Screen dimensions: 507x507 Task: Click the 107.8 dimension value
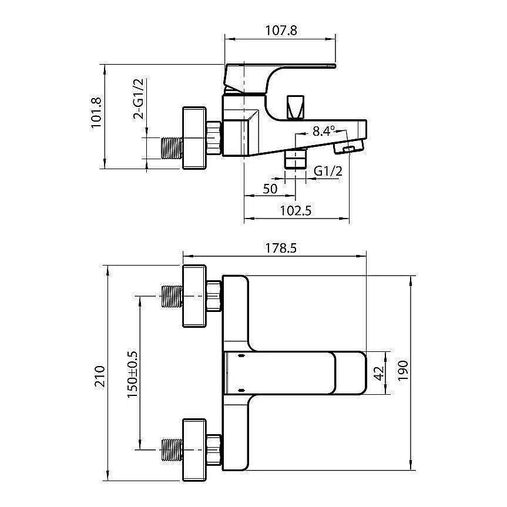click(x=281, y=31)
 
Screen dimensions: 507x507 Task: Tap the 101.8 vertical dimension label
click(x=96, y=113)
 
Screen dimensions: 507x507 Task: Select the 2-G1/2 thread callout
click(x=139, y=99)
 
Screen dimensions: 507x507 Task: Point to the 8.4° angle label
click(x=323, y=131)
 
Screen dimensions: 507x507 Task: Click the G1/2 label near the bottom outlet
click(x=328, y=171)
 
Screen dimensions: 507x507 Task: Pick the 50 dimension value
click(x=270, y=189)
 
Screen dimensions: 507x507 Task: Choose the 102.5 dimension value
click(x=296, y=210)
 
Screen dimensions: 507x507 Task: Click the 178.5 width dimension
click(x=281, y=248)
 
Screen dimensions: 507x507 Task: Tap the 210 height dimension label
click(x=100, y=376)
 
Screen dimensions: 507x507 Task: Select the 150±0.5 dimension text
click(x=132, y=374)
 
